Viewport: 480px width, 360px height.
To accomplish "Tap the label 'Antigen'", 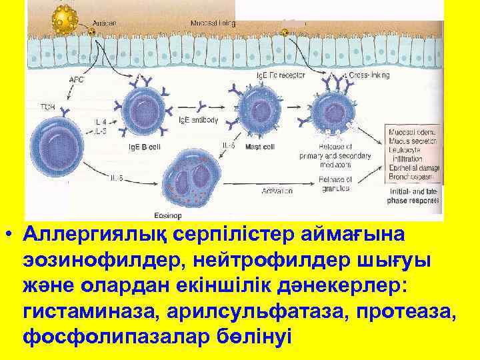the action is [105, 22].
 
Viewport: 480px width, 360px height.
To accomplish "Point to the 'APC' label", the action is [77, 78].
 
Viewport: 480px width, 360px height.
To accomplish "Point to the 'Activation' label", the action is [276, 191].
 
